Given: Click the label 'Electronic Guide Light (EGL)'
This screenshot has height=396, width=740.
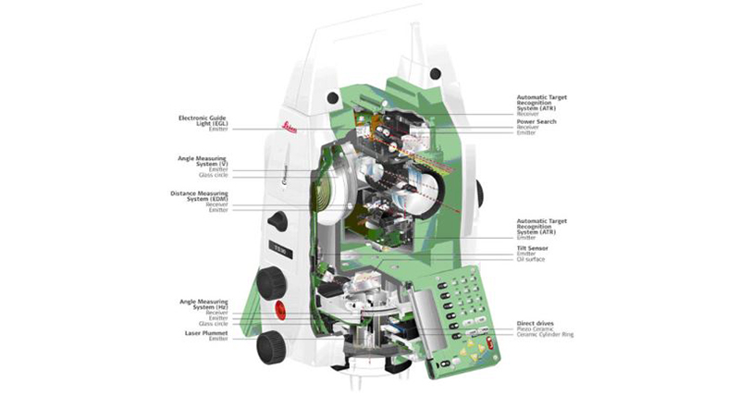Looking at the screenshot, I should pos(204,120).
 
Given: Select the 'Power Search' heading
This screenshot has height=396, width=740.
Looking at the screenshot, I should pos(536,121).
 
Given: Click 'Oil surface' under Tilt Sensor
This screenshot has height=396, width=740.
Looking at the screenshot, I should pos(530,259).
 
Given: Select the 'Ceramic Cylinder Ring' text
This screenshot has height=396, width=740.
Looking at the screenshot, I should pos(545,334).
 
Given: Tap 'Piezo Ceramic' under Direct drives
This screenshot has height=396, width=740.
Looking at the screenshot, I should pos(535,328).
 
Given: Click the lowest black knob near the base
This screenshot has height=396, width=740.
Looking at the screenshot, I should pos(271,345).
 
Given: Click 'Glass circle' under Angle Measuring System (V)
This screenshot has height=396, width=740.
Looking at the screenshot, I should pos(214,174).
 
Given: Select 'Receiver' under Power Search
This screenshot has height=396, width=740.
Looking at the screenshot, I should pos(527,127).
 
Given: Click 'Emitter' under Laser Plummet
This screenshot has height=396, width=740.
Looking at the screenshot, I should pos(218,339).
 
